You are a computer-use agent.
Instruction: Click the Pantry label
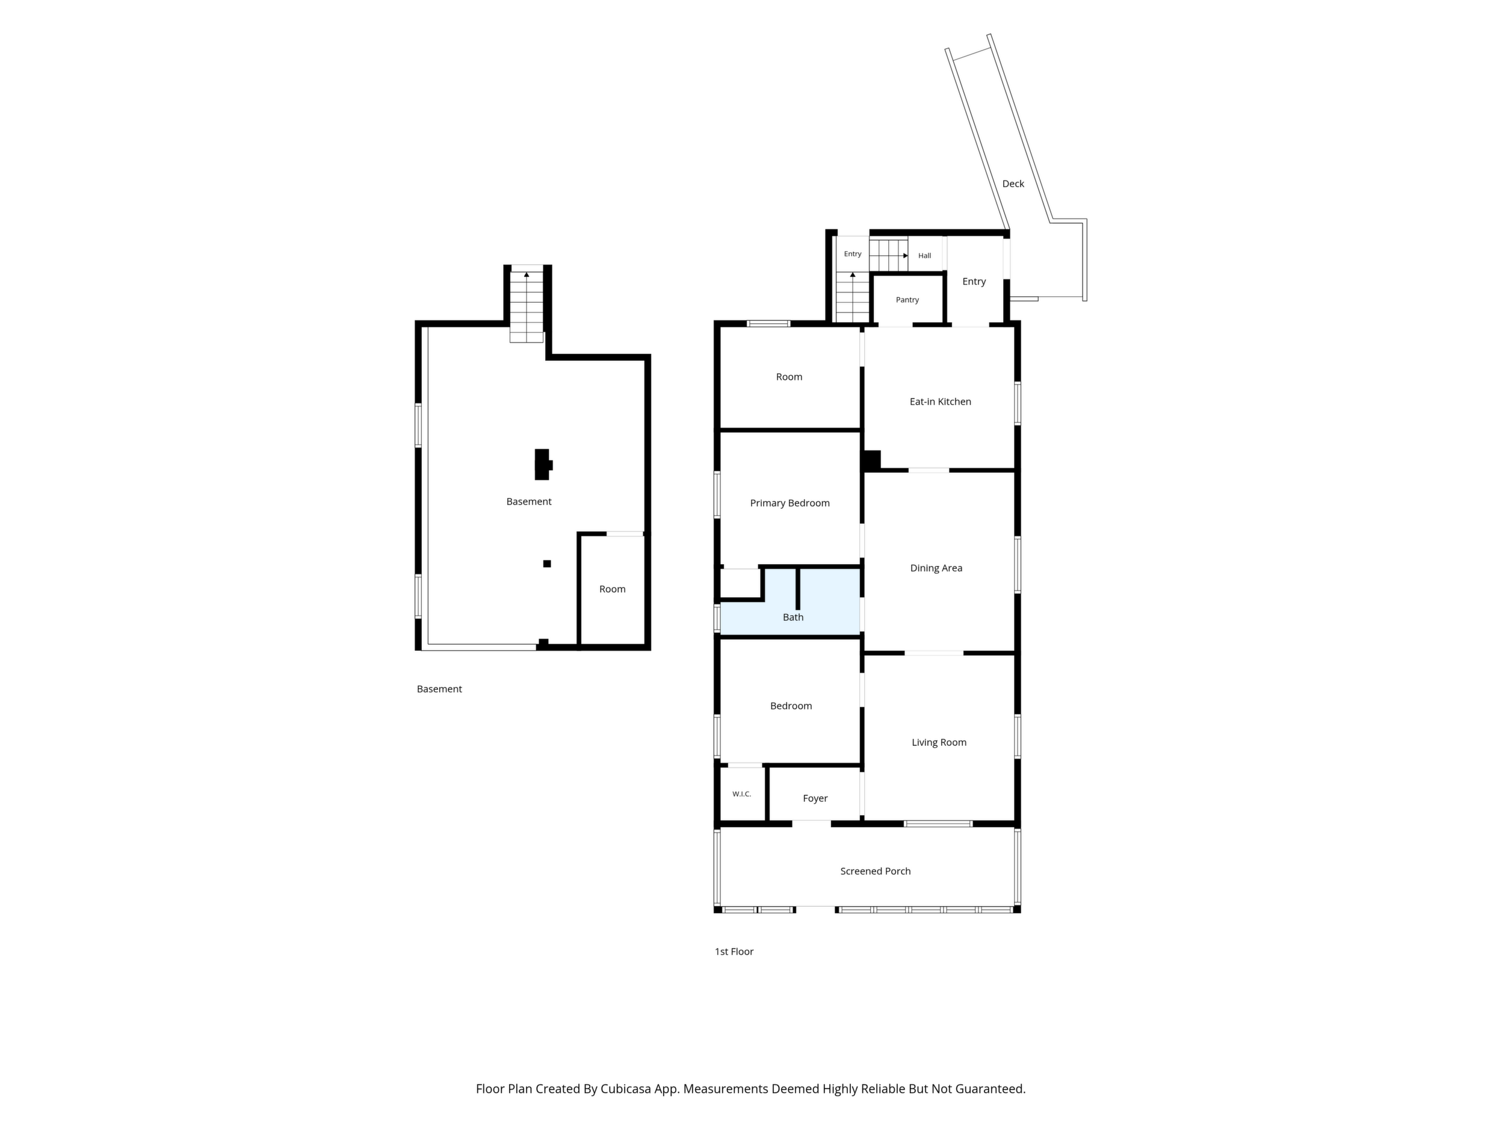[907, 300]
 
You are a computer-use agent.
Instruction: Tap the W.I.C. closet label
[741, 793]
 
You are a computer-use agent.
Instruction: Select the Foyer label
[815, 798]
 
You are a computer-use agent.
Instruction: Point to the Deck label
[1013, 184]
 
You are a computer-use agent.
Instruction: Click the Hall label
[924, 255]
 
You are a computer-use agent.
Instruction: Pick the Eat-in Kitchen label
[941, 402]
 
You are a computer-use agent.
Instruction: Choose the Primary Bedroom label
[790, 503]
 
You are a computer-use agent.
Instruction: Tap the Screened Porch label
[875, 871]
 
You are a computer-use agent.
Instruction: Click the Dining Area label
[936, 568]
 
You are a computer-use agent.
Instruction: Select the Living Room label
[939, 742]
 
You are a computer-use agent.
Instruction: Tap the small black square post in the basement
[546, 563]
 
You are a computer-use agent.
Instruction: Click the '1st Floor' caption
[734, 952]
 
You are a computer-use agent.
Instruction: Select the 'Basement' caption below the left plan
[439, 689]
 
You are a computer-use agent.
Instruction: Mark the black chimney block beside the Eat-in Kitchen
[872, 460]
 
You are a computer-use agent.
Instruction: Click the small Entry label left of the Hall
[852, 254]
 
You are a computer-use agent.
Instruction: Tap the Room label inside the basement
[612, 589]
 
